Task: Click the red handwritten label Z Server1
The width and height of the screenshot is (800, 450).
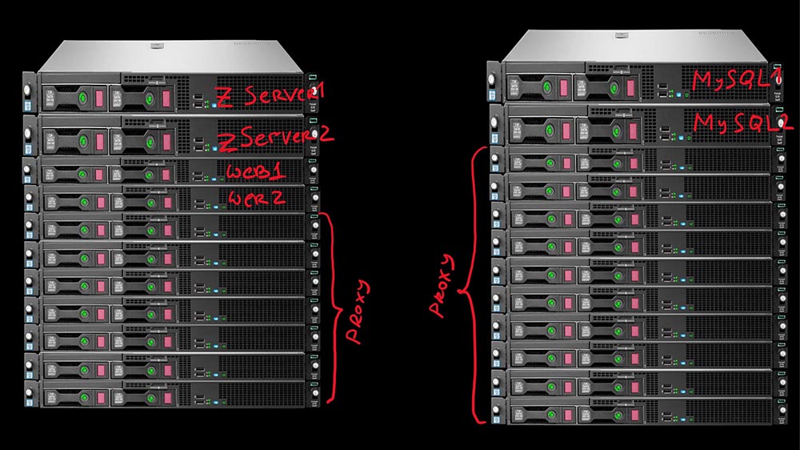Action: pyautogui.click(x=270, y=95)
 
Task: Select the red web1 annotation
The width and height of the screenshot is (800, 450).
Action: pyautogui.click(x=256, y=171)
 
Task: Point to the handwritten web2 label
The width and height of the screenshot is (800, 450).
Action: pyautogui.click(x=257, y=197)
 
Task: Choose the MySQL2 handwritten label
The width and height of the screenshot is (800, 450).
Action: pyautogui.click(x=743, y=123)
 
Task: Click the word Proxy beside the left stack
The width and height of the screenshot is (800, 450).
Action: pyautogui.click(x=358, y=311)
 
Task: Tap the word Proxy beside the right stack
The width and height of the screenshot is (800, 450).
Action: pyautogui.click(x=442, y=286)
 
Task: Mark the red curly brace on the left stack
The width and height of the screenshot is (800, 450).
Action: pyautogui.click(x=330, y=307)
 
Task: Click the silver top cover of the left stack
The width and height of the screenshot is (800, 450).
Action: pyautogui.click(x=171, y=56)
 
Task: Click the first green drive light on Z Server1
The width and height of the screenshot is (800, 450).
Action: pyautogui.click(x=82, y=97)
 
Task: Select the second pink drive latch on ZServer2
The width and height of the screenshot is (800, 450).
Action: pyautogui.click(x=166, y=142)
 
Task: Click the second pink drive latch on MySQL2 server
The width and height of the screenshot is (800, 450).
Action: pyautogui.click(x=633, y=131)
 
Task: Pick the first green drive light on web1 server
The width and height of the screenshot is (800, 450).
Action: pyautogui.click(x=82, y=175)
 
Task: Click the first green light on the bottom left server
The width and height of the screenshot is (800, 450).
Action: pyautogui.click(x=84, y=397)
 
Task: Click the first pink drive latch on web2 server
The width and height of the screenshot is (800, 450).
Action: pyautogui.click(x=101, y=203)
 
